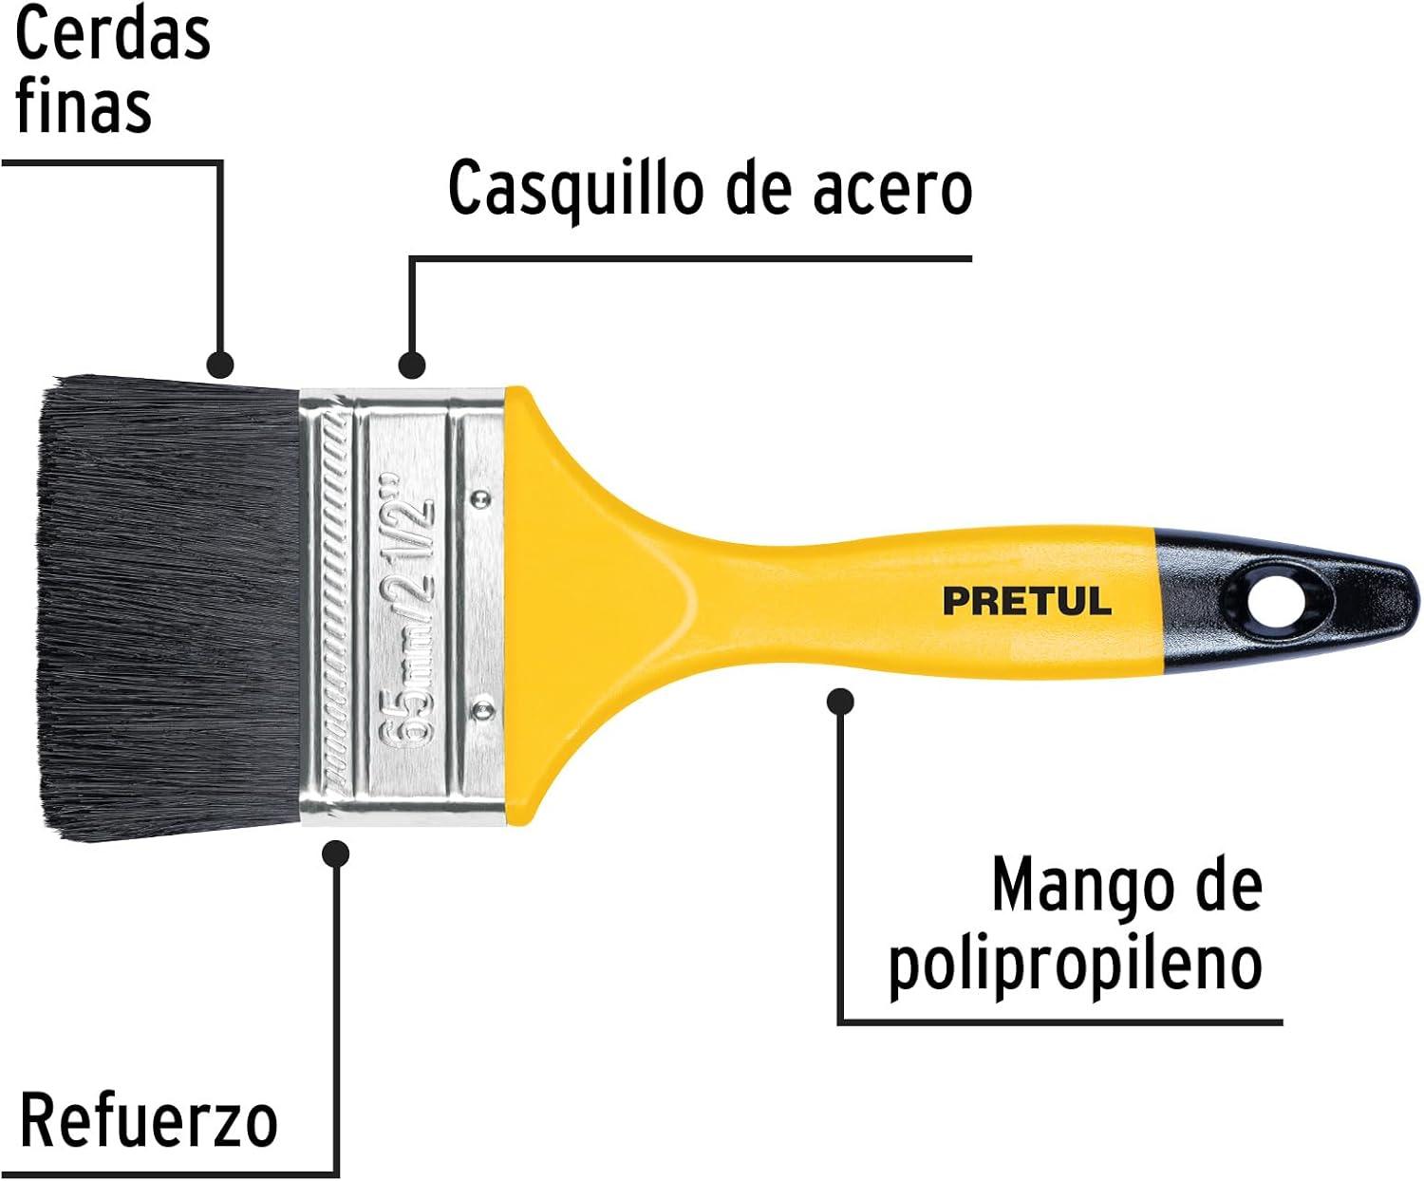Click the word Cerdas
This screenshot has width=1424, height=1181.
(113, 33)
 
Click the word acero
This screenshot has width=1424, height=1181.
(892, 193)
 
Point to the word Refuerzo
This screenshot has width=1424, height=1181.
(149, 1120)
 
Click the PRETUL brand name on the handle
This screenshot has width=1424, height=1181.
(1027, 601)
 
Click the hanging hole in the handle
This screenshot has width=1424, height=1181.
(1275, 603)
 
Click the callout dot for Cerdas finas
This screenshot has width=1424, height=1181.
(219, 365)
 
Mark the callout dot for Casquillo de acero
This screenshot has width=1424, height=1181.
(411, 365)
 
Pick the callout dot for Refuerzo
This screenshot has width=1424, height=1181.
(335, 853)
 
